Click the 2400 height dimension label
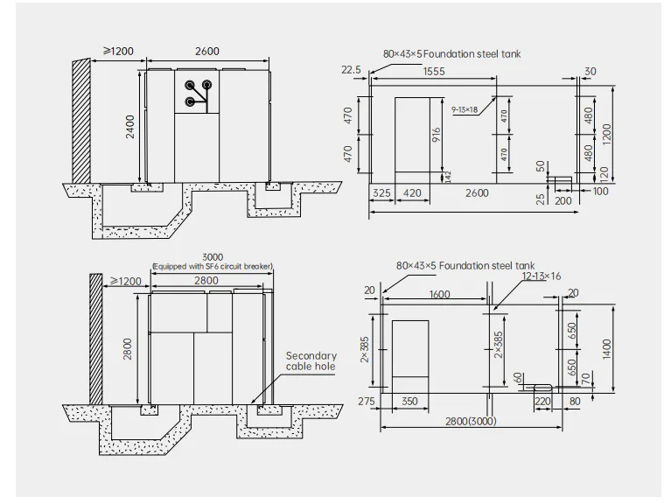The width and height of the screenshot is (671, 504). click(x=130, y=127)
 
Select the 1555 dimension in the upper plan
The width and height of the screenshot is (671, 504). click(x=434, y=72)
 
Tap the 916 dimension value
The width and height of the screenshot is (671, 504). click(x=436, y=135)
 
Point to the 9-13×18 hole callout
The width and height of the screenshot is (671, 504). click(x=465, y=110)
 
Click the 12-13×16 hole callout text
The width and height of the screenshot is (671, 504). click(x=541, y=276)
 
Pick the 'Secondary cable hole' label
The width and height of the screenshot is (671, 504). click(x=311, y=361)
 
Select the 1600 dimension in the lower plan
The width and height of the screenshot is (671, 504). click(x=439, y=294)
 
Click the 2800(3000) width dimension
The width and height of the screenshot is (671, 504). click(x=471, y=422)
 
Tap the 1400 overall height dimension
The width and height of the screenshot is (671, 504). click(x=607, y=349)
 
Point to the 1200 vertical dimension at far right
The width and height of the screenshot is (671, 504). click(x=606, y=135)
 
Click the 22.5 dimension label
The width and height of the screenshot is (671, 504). click(x=352, y=70)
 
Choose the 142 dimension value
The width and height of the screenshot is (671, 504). click(x=448, y=178)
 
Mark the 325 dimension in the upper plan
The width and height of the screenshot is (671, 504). click(x=381, y=193)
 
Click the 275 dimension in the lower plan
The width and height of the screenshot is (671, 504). click(x=367, y=402)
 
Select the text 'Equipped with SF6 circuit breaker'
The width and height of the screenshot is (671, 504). click(x=213, y=267)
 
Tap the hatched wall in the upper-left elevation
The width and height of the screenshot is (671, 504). click(x=80, y=121)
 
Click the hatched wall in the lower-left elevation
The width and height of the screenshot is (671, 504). click(x=96, y=339)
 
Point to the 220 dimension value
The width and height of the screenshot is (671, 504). click(x=542, y=402)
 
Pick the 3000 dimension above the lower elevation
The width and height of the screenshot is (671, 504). click(x=213, y=257)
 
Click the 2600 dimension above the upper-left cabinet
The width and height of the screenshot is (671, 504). click(x=207, y=52)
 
